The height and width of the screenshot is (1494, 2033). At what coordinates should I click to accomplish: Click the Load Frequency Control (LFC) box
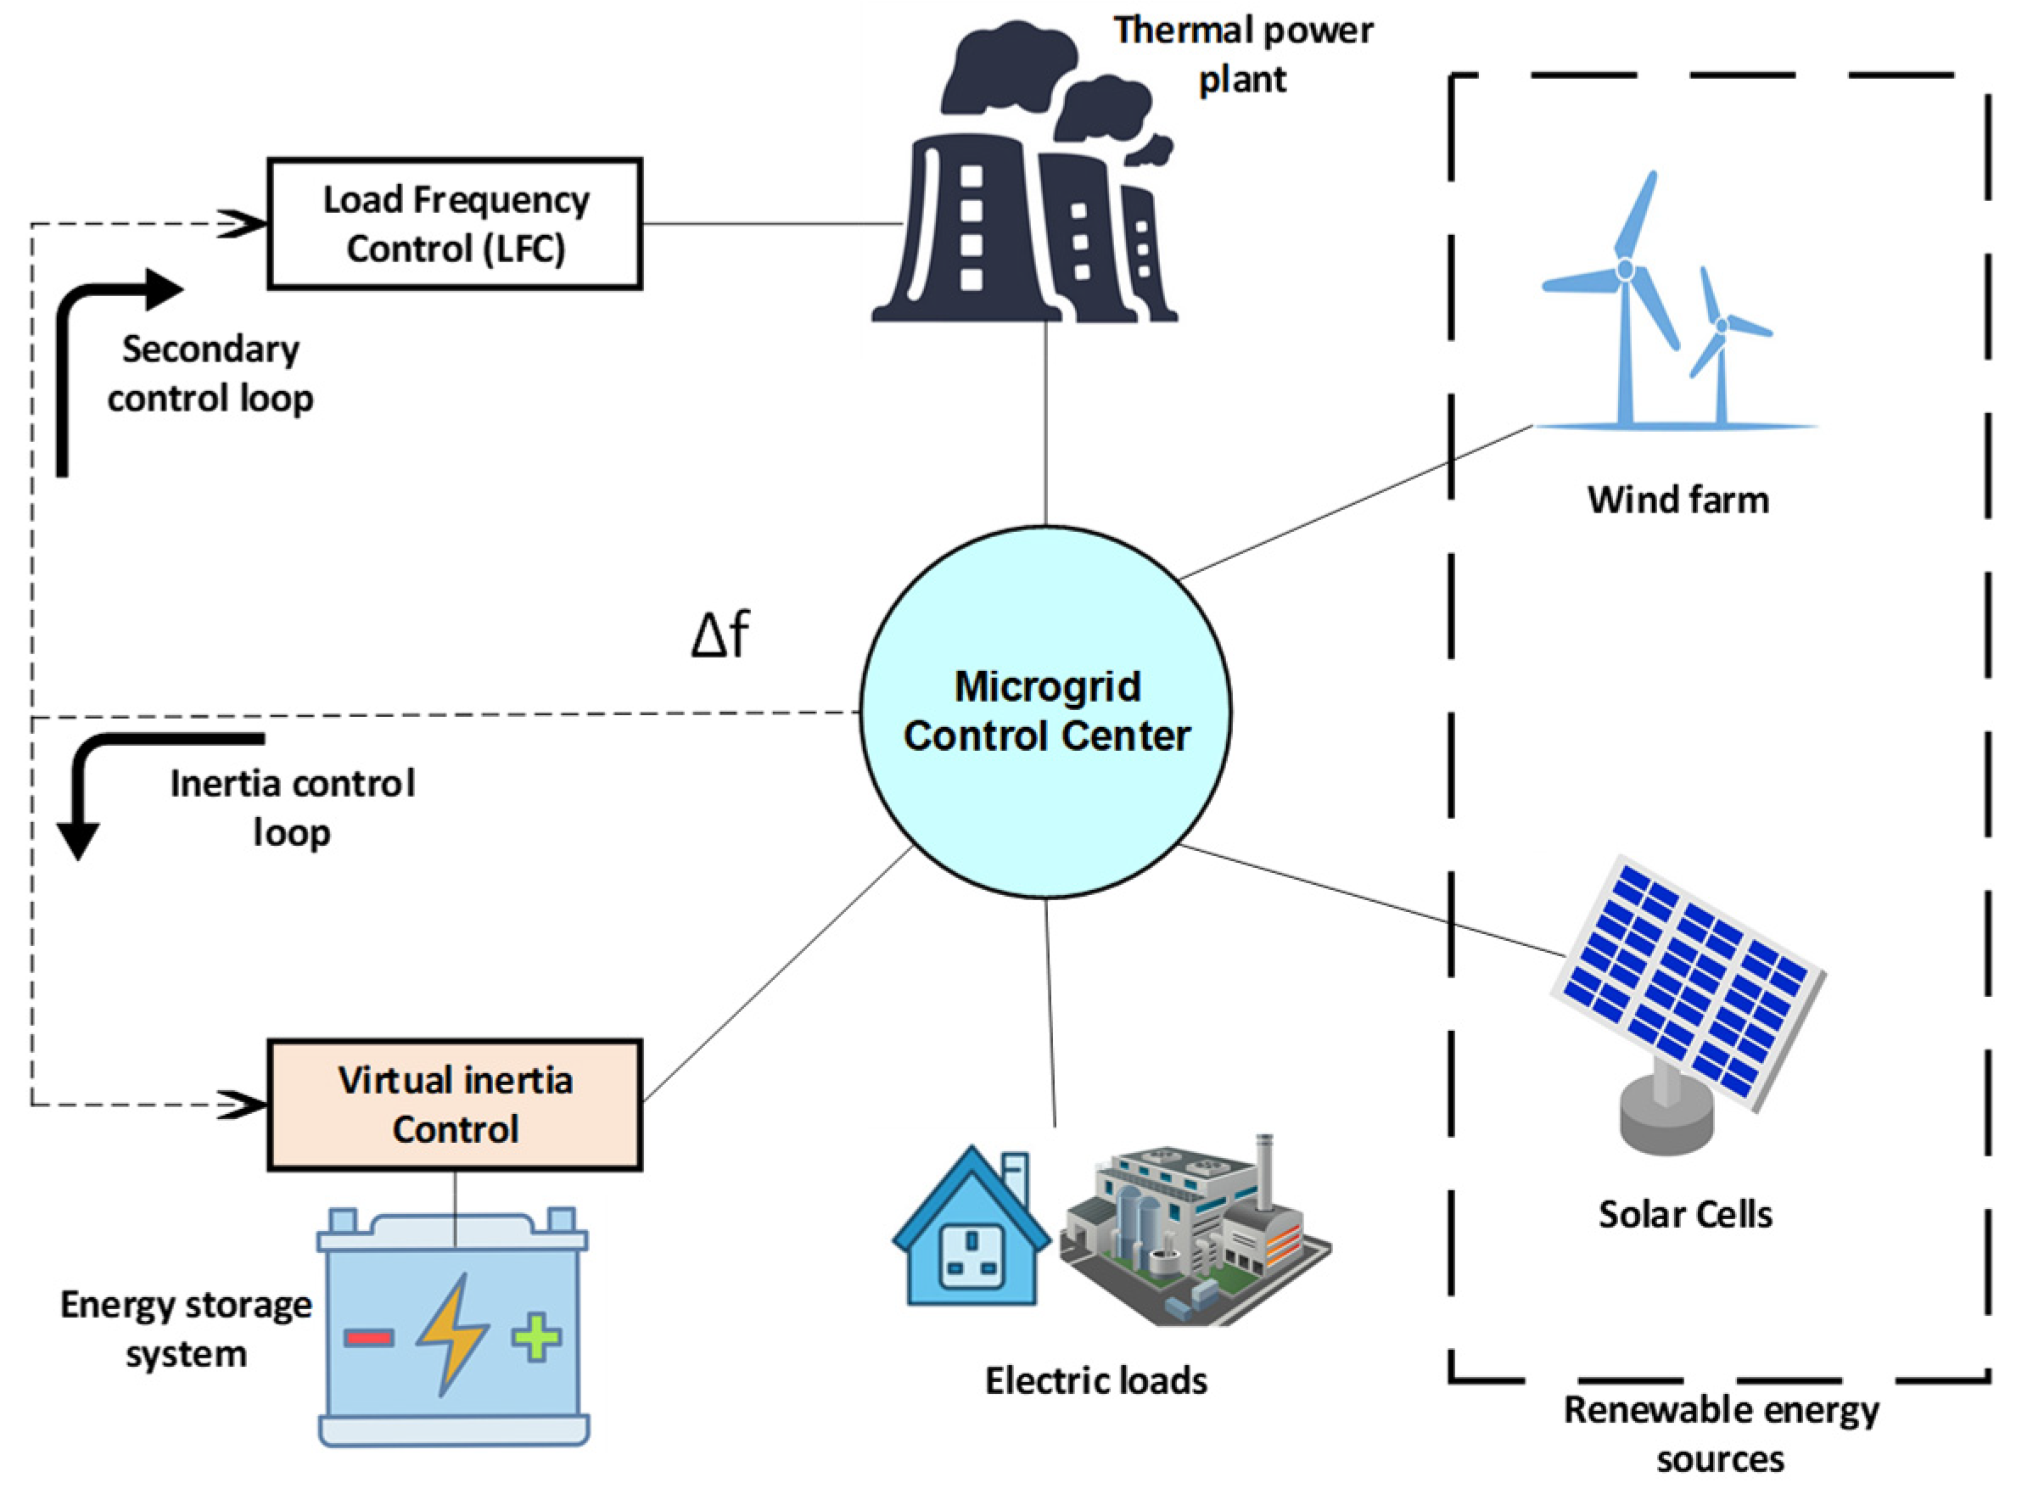[455, 224]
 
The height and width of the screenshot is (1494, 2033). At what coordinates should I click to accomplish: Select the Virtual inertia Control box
[455, 1105]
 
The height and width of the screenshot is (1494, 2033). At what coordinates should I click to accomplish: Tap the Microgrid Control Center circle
[1045, 712]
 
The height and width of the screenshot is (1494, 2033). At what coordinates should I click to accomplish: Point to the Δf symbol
[720, 634]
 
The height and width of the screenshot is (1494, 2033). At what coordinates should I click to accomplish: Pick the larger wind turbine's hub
[1625, 270]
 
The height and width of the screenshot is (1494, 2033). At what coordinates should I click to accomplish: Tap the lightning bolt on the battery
[452, 1334]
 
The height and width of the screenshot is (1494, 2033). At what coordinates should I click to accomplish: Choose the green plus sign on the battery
[536, 1337]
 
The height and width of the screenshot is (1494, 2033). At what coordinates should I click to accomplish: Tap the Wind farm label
[1677, 500]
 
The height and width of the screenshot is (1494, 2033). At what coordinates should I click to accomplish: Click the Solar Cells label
[1684, 1215]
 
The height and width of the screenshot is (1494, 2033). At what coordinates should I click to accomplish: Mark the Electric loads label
[1095, 1381]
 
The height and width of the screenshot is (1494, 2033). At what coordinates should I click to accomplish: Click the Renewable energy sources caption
[1720, 1435]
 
